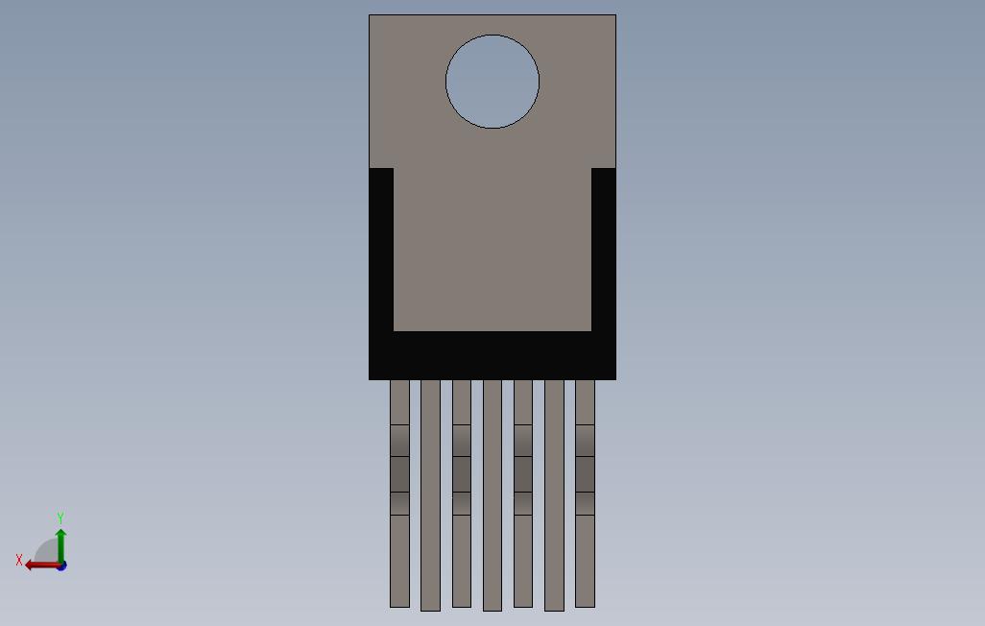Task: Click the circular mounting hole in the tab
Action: (x=492, y=82)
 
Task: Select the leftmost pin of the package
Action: (x=399, y=494)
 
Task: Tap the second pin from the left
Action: (x=430, y=495)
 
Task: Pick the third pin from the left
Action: (x=462, y=494)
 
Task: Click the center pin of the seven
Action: (x=492, y=495)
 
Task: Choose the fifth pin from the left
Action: (x=523, y=494)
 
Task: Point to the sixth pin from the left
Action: (x=554, y=495)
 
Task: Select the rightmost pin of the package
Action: (x=585, y=494)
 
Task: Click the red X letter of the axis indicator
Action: (x=19, y=560)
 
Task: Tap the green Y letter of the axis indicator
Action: (x=60, y=518)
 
